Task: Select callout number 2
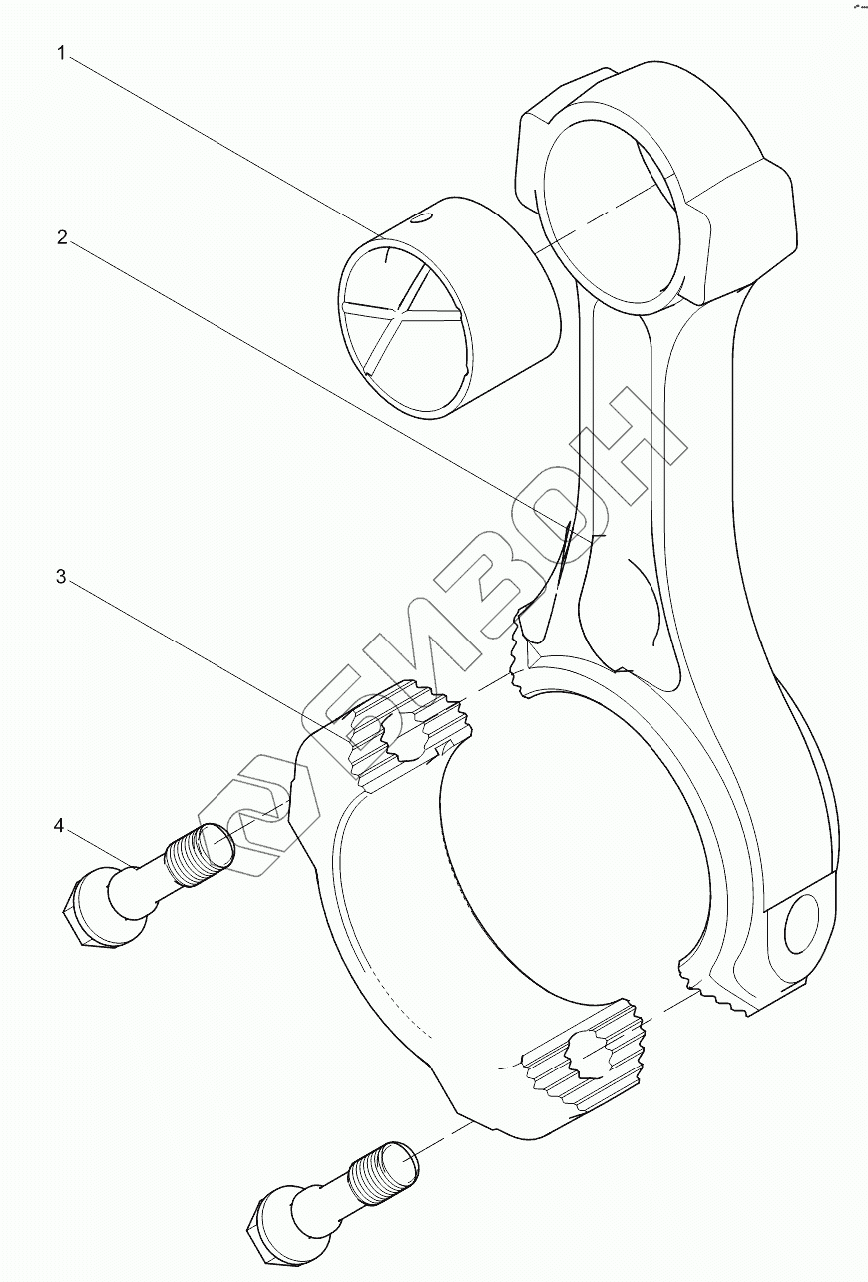click(61, 238)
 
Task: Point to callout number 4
click(60, 827)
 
